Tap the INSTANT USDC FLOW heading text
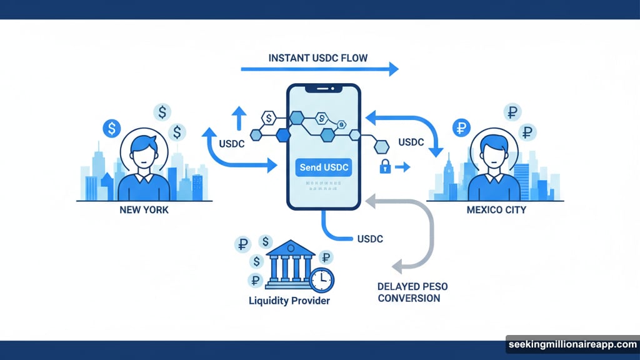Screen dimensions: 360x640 click(x=318, y=58)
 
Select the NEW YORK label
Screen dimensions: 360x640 click(x=144, y=210)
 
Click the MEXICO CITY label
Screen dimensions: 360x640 click(x=496, y=210)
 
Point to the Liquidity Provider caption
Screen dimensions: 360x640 click(x=289, y=301)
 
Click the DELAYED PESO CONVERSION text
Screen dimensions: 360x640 click(x=412, y=292)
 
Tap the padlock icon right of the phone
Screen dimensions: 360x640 click(x=386, y=167)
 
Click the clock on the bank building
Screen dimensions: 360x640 click(x=322, y=281)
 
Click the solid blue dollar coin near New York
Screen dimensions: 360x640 click(x=111, y=129)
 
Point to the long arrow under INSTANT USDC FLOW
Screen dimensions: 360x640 click(x=319, y=69)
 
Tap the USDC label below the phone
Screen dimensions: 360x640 click(x=369, y=239)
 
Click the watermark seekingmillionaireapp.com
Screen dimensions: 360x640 click(x=571, y=344)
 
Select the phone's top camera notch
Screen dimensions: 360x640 click(x=323, y=89)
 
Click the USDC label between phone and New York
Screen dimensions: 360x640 click(x=231, y=143)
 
